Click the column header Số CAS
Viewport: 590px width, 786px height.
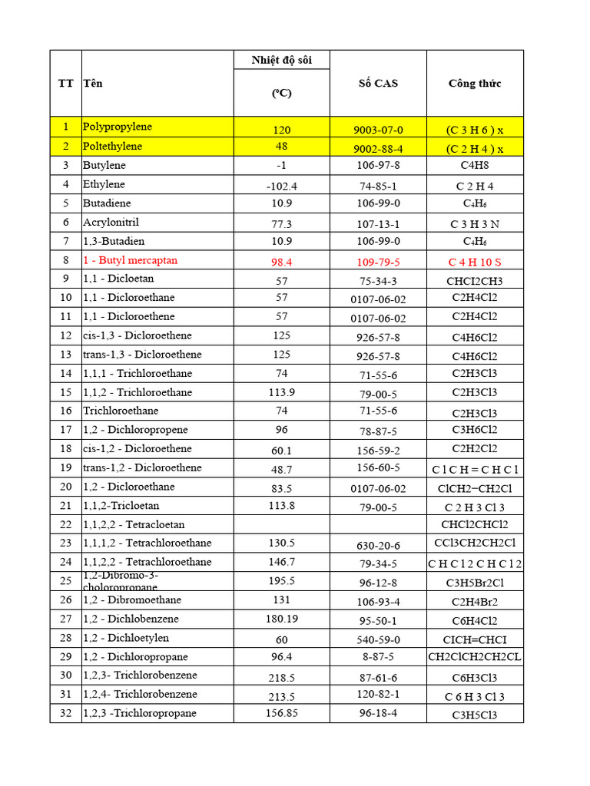[378, 84]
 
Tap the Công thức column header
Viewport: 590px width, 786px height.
[475, 84]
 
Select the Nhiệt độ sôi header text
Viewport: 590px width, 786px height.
[281, 61]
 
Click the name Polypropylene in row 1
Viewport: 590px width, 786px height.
[118, 127]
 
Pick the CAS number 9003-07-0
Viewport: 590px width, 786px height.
[378, 130]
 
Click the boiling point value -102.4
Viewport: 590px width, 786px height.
[281, 186]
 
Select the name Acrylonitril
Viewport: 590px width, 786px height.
[111, 222]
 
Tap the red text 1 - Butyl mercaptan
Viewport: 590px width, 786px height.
[130, 260]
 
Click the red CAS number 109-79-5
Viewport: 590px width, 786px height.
[378, 262]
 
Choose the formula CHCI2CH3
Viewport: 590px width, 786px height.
[475, 281]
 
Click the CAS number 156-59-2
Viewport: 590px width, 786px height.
[378, 451]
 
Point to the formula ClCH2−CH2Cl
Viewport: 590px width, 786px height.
[475, 488]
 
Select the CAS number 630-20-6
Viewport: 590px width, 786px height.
[378, 545]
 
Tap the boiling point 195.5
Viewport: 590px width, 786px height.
[281, 581]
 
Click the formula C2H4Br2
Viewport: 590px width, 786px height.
[475, 602]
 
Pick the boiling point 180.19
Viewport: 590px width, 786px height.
[281, 619]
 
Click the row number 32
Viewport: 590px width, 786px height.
[65, 713]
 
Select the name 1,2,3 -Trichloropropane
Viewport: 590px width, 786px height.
[139, 713]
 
